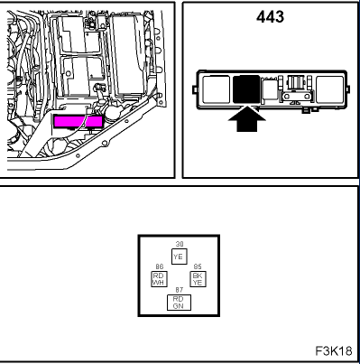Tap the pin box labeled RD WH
(x=158, y=278)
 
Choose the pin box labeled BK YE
(x=197, y=278)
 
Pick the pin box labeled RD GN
(x=178, y=301)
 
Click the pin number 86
(x=158, y=266)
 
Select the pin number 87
(x=178, y=290)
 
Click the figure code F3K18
(x=333, y=349)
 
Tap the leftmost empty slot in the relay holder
(x=217, y=89)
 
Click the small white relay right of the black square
(x=269, y=89)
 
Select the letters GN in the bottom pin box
(x=178, y=304)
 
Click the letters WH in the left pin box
(x=158, y=282)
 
